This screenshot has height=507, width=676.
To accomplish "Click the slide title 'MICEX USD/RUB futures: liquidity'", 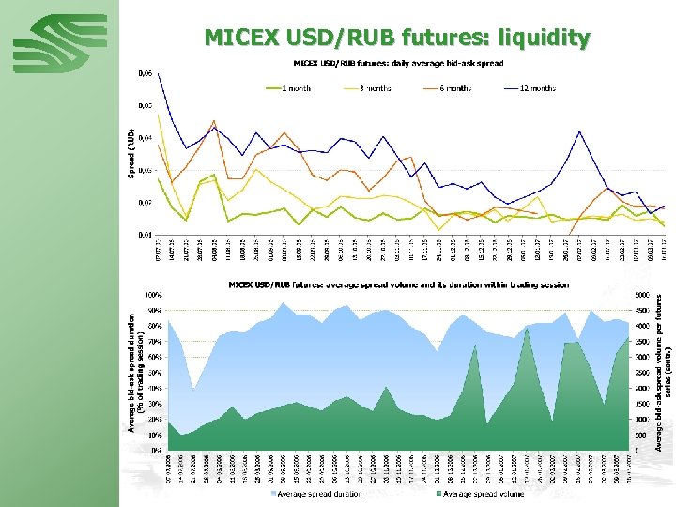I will (x=397, y=38).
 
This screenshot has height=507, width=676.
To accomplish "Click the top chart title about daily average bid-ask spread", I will (x=398, y=63).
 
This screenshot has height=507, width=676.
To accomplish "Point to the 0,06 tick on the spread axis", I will (x=146, y=72).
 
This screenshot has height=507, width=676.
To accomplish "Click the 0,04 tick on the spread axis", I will (x=146, y=137).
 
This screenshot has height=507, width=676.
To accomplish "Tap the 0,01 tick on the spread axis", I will (x=146, y=234).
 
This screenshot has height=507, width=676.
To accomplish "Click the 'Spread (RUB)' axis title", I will (x=131, y=153).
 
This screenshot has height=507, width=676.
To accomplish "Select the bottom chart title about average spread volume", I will (x=398, y=284).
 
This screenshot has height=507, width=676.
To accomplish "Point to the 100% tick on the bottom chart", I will (x=152, y=295).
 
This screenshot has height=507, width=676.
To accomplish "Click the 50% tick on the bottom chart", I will (x=153, y=372).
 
